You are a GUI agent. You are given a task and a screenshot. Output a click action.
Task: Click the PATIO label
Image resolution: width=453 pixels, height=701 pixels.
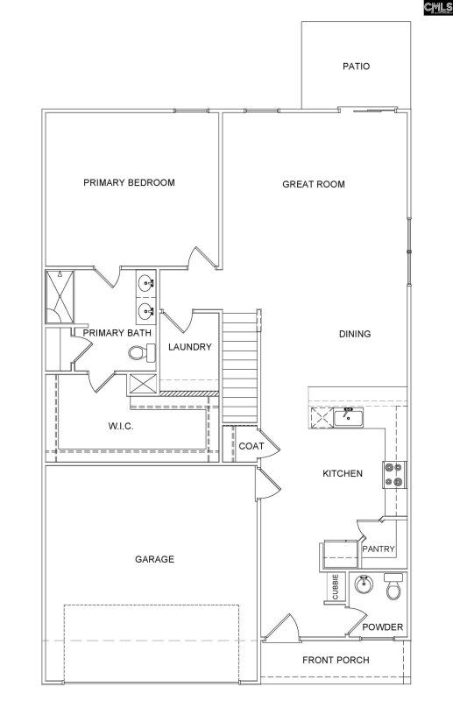point(356,66)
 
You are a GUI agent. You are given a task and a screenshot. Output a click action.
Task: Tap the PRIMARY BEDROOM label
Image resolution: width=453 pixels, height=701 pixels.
point(129,183)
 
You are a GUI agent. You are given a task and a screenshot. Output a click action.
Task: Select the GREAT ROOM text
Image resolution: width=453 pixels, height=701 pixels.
point(313,184)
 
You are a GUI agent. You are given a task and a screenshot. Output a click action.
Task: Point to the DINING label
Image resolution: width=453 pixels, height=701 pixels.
point(355,334)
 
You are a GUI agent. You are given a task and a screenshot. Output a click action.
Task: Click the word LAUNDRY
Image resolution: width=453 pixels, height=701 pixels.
point(190,347)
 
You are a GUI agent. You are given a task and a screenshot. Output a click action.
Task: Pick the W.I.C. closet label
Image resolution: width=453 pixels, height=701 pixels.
point(119,426)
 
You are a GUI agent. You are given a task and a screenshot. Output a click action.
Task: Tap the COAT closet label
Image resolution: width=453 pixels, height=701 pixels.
point(251,447)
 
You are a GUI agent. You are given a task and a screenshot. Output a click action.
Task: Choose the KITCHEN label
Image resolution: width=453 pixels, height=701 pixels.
point(343,474)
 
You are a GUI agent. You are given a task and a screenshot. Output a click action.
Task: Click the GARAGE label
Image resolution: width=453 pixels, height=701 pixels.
point(153,559)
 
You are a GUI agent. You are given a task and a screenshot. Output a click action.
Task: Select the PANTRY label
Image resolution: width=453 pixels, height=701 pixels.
point(379,549)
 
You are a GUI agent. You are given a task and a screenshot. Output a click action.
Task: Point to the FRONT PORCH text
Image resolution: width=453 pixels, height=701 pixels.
point(336,661)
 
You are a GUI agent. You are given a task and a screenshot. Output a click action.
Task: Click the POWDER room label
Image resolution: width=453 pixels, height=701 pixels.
point(383,627)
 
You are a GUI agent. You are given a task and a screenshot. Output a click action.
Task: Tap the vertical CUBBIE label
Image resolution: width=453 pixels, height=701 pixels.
point(335,588)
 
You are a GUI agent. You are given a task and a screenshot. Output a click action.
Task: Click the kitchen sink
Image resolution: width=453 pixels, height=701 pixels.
point(348,416)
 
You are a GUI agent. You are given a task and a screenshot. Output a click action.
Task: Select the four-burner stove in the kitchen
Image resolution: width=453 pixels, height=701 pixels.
point(393,474)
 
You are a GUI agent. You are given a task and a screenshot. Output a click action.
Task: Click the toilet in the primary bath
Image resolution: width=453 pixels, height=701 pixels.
point(139,353)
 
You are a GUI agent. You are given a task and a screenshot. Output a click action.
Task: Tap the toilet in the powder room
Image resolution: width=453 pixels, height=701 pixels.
point(394,586)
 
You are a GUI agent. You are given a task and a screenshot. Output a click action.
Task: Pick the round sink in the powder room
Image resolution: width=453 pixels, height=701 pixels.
point(363,584)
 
